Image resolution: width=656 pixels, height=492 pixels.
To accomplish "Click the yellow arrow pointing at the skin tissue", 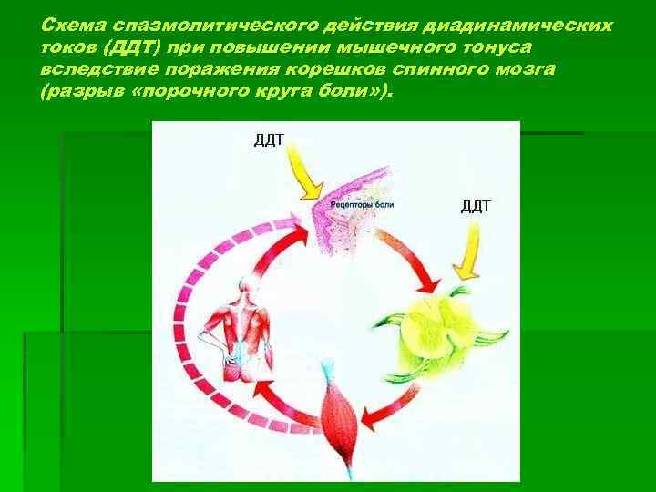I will pos(302,178).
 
